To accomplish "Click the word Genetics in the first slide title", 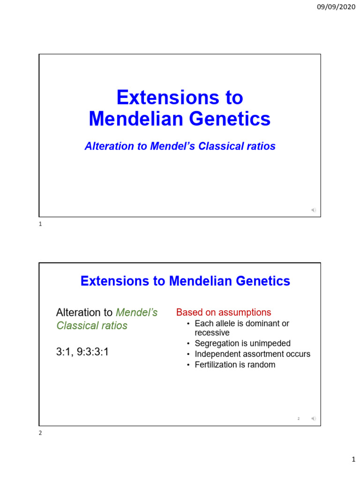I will point(230,119).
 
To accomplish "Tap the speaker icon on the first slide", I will point(313,210).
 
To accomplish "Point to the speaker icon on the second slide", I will point(313,418).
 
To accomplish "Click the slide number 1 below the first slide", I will point(40,225).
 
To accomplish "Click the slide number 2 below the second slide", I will point(40,433).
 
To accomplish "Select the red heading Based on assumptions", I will point(224,312).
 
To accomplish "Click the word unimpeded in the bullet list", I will point(269,343).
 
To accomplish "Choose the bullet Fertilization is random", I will point(235,364).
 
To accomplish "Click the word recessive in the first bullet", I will point(212,333).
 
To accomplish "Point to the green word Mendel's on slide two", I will point(136,312).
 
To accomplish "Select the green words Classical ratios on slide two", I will point(92,325).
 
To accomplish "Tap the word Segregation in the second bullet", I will point(217,343).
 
